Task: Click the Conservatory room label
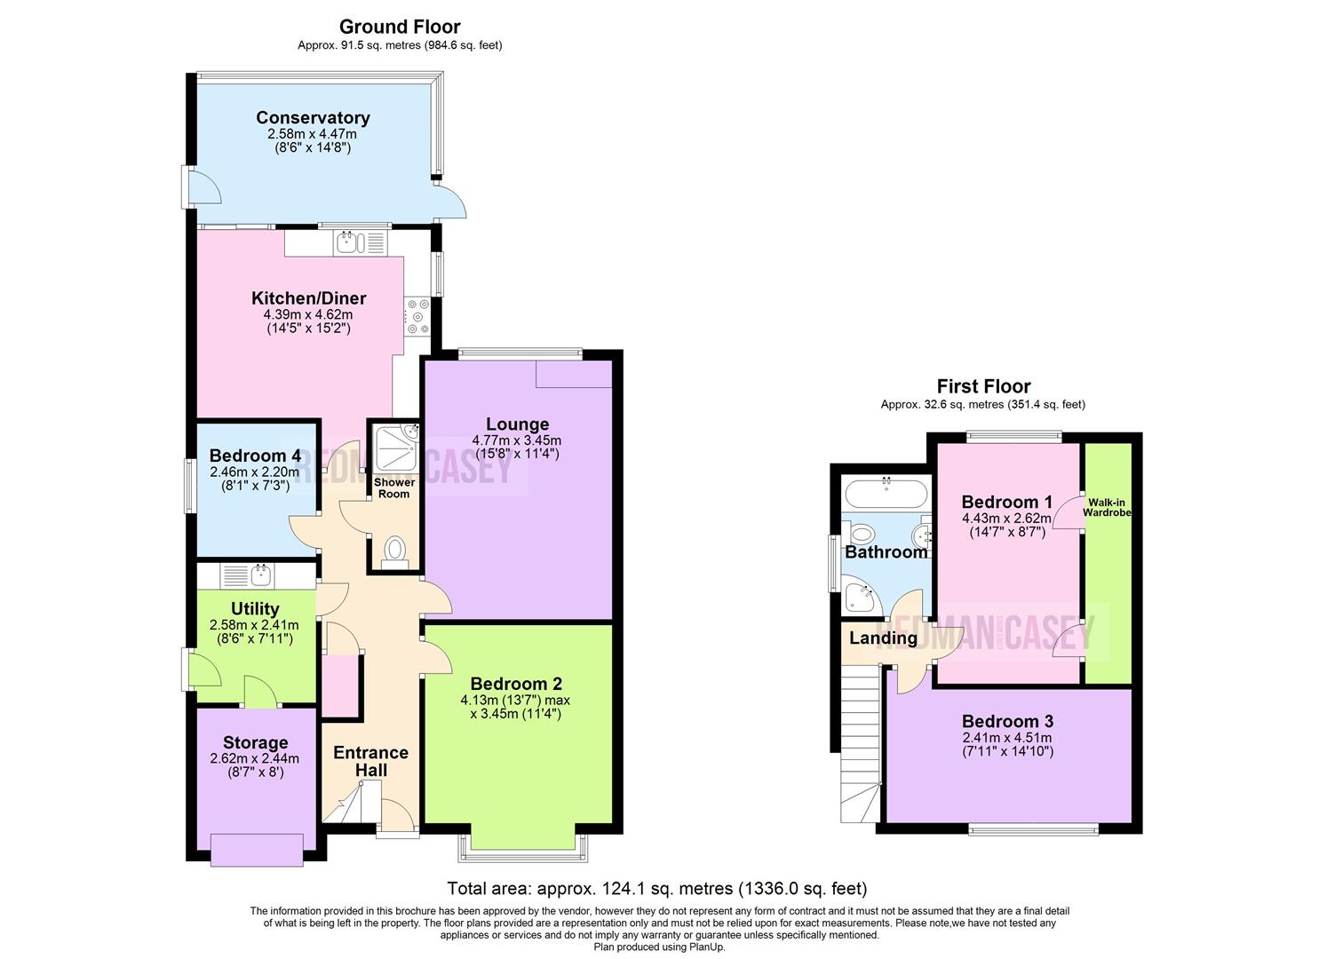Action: click(313, 118)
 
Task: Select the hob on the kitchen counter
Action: click(417, 317)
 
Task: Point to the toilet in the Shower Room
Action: click(393, 551)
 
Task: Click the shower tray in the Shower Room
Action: click(394, 447)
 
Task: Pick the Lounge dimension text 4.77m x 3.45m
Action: click(516, 440)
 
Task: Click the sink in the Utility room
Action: click(249, 575)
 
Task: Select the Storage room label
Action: click(255, 742)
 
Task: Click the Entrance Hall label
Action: click(370, 761)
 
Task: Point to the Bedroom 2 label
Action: click(516, 684)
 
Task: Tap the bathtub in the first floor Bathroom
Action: click(886, 493)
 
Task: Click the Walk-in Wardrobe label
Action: click(1107, 508)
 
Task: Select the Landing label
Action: click(883, 638)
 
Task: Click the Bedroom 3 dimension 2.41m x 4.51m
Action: click(1007, 738)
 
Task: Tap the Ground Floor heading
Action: click(400, 27)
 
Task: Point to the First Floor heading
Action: click(983, 386)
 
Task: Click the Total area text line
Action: click(656, 888)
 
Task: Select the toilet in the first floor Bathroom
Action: click(861, 535)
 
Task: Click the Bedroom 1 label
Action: click(1006, 502)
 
